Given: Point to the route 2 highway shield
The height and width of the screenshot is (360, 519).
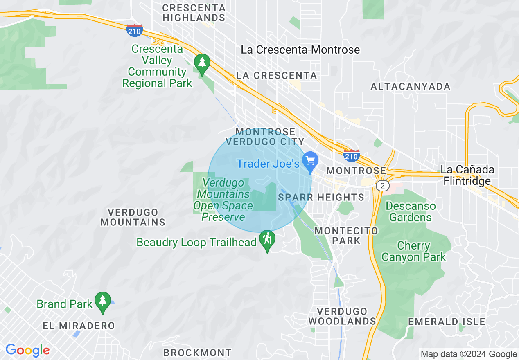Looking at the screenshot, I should (382, 186).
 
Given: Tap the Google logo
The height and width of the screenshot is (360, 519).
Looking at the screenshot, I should (27, 351).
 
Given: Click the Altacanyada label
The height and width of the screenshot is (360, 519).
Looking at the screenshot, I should (410, 86).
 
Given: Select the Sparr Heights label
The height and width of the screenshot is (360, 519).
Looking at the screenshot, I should (321, 197).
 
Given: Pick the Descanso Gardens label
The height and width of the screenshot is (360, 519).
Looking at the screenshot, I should (411, 211).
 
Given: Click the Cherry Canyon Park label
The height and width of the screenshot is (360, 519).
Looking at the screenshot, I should (413, 252).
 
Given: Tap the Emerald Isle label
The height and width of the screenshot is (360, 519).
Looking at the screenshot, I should (447, 322).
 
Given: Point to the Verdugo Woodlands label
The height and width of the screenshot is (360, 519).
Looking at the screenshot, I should (342, 316).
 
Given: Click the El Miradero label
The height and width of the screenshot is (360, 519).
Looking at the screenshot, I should (79, 326).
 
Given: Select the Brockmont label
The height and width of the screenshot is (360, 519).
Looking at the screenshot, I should (197, 353).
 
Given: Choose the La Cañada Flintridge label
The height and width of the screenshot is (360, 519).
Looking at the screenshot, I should (467, 175).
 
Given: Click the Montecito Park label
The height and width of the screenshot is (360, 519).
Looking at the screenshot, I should (346, 236).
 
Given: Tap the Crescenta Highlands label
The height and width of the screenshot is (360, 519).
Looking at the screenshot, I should (194, 13).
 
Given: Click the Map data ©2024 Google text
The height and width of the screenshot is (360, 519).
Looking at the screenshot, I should (469, 354).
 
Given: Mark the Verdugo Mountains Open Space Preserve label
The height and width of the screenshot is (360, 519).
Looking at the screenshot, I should (223, 200).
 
